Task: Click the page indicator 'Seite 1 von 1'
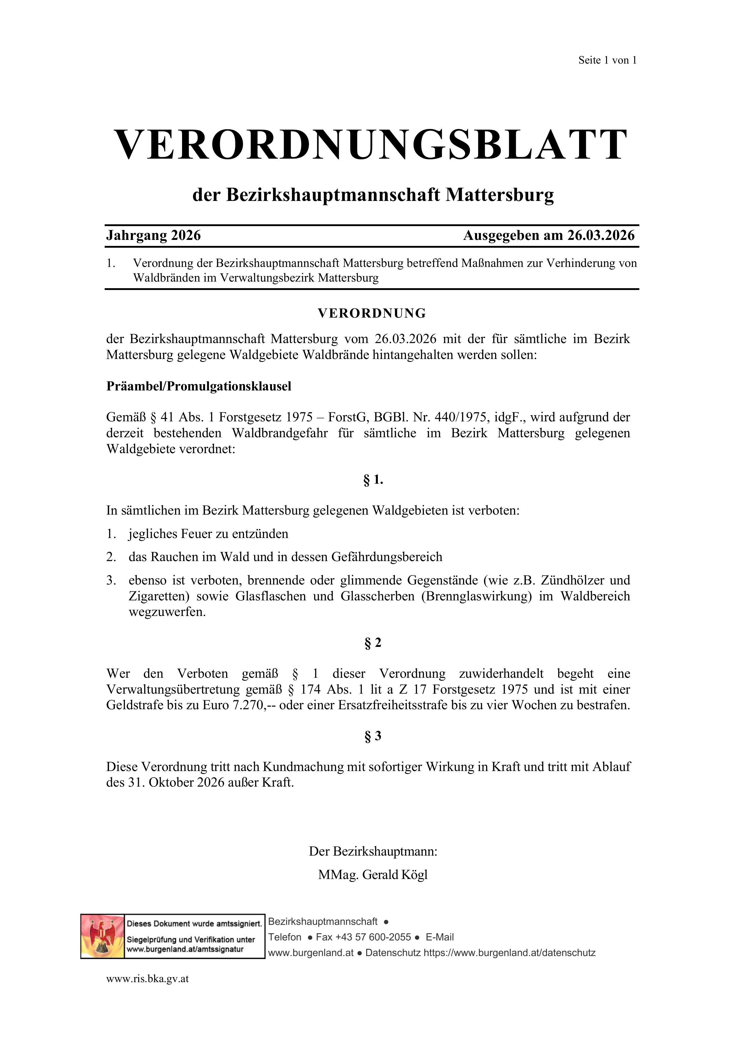coord(607,60)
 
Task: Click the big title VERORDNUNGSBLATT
coord(371,145)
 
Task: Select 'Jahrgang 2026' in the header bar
coord(154,235)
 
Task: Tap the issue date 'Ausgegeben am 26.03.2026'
coord(548,235)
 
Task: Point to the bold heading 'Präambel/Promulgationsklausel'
coord(199,386)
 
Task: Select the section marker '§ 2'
coord(372,643)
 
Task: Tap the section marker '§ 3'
coord(372,736)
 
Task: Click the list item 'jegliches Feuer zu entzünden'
coord(208,534)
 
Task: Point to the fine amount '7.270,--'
coord(253,705)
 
